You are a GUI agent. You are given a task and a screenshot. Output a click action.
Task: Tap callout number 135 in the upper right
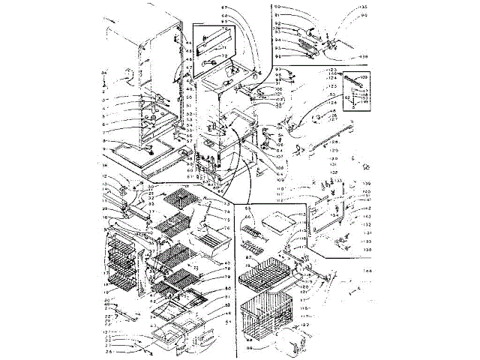(x=364, y=8)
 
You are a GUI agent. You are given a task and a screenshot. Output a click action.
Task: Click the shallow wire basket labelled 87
(x=265, y=275)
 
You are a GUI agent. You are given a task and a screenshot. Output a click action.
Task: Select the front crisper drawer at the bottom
(x=165, y=341)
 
